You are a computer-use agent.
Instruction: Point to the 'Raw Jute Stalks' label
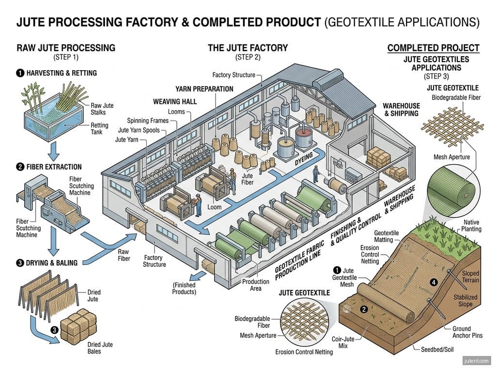pos(102,109)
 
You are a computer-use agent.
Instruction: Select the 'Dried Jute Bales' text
pos(100,348)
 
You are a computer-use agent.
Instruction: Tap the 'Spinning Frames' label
pos(148,120)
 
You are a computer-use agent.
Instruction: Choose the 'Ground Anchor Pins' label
pos(467,332)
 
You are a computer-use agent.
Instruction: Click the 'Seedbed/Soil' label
pos(436,349)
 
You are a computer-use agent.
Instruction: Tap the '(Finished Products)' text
pos(184,288)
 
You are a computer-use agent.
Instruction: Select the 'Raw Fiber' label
pos(124,255)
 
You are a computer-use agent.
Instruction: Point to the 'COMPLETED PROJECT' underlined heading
pos(434,48)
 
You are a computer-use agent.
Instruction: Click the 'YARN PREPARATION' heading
pos(204,89)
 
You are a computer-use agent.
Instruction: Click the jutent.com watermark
pos(477,360)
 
